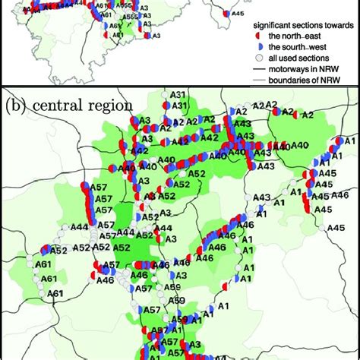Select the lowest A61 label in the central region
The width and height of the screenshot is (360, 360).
click(x=55, y=293)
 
